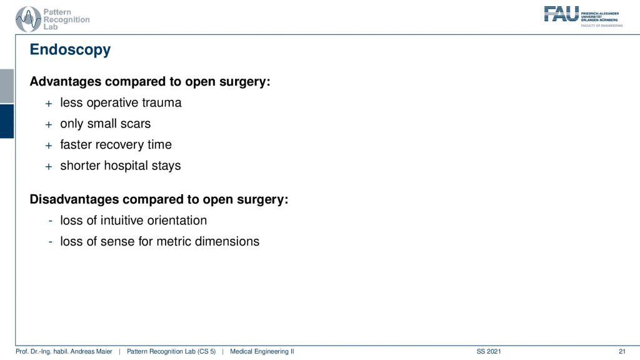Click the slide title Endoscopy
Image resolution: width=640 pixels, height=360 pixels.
point(70,50)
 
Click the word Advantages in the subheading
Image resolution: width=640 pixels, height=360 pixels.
point(66,81)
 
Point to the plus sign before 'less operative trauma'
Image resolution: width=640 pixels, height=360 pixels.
point(49,104)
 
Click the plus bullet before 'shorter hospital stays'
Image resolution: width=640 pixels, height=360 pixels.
point(49,166)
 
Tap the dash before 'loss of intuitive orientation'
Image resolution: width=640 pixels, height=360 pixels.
point(50,221)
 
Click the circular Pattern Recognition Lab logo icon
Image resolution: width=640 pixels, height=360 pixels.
point(28,19)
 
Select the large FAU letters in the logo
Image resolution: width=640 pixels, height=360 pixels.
point(561,14)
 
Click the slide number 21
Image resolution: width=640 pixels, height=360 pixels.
point(622,351)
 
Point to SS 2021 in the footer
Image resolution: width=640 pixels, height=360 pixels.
point(489,351)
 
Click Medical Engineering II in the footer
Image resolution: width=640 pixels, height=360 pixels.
point(262,351)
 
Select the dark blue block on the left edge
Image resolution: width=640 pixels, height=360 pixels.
point(7,121)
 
